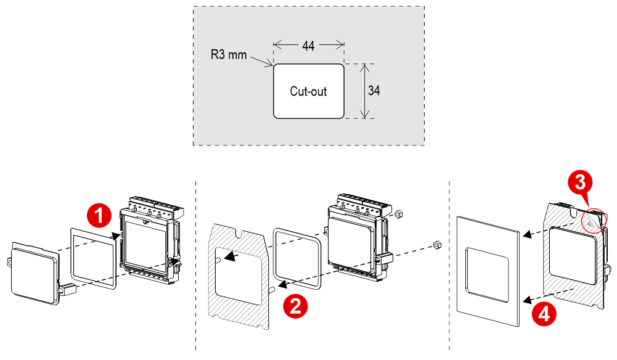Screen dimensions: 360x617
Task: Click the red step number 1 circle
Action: point(99,216)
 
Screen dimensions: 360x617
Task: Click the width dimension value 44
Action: point(309,46)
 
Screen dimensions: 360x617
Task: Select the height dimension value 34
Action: point(374,91)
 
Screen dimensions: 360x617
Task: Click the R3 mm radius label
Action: point(228,55)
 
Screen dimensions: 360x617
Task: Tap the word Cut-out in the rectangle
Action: point(308,91)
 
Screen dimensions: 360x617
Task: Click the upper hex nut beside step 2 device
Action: point(398,215)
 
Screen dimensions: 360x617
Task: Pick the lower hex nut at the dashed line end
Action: point(436,244)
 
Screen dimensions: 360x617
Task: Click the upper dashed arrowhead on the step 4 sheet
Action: point(525,235)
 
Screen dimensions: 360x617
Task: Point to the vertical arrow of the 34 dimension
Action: point(365,91)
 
